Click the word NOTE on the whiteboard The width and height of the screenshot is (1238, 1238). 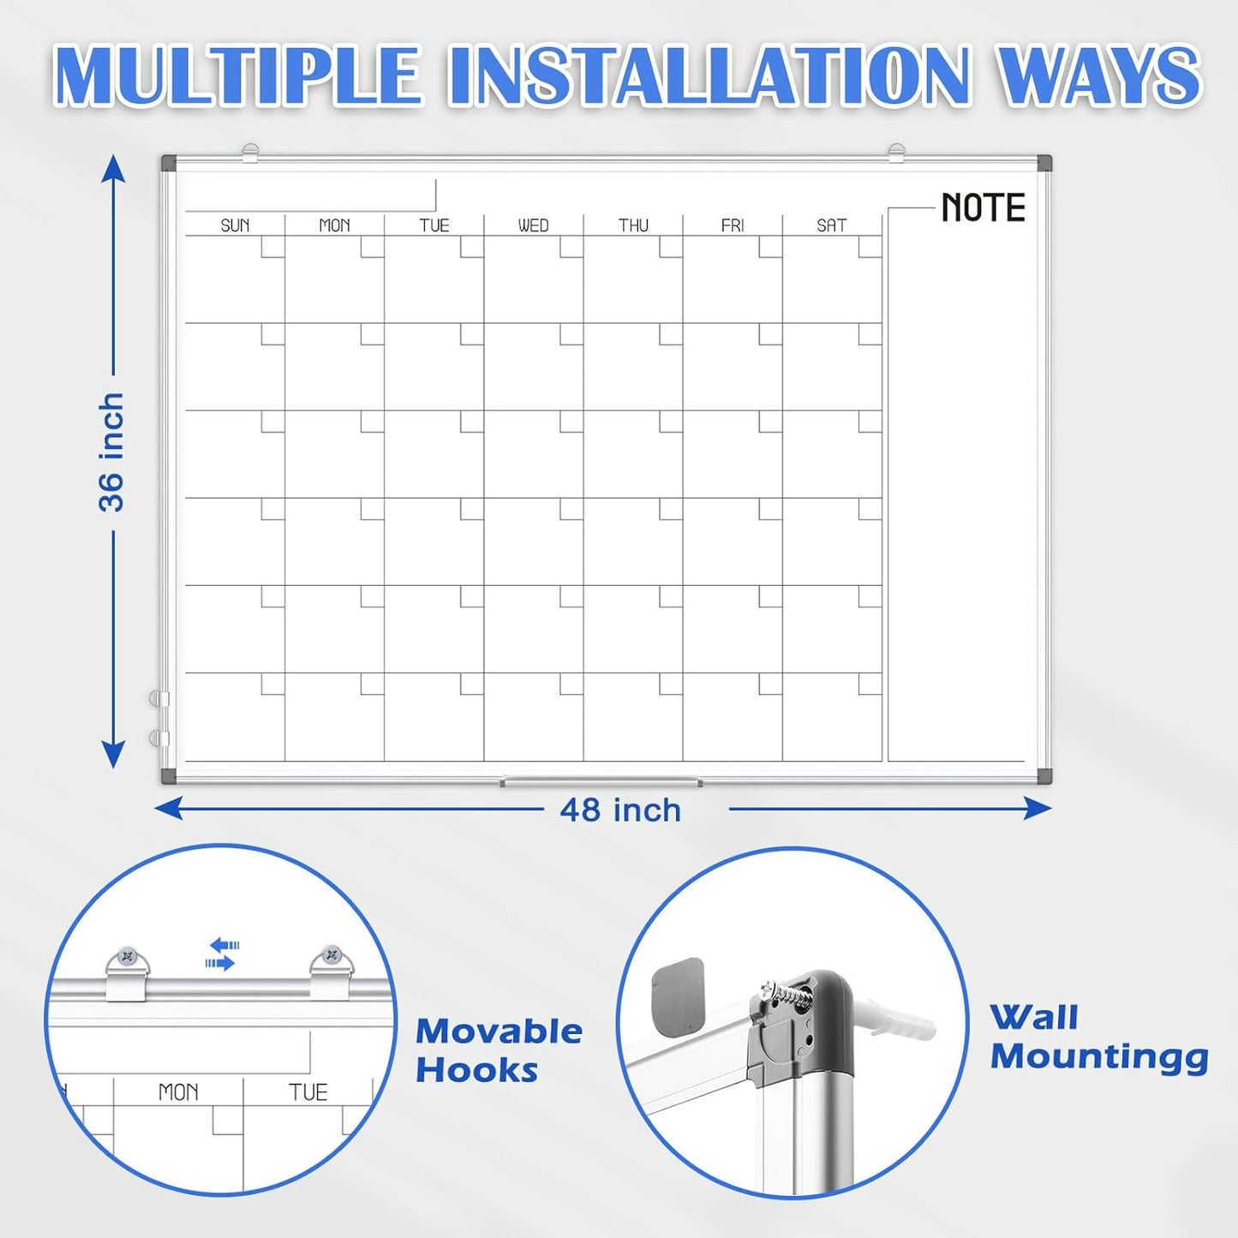(x=983, y=208)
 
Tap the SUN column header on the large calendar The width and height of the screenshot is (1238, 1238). (x=235, y=225)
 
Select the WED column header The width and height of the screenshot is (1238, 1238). (x=533, y=225)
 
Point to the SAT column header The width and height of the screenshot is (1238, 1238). (x=831, y=225)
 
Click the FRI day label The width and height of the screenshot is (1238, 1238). (x=733, y=225)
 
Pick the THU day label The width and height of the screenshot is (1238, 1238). (x=633, y=225)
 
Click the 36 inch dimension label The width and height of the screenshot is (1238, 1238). (x=111, y=452)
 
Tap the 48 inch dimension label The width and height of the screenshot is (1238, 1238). (x=620, y=810)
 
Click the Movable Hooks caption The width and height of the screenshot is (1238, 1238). (x=498, y=1050)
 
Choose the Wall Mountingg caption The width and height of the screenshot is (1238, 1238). (x=1098, y=1038)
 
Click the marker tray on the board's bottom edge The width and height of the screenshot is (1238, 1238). (x=601, y=782)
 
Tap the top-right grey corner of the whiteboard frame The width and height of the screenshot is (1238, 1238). (x=1044, y=163)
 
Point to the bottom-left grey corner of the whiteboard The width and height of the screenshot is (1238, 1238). (x=169, y=776)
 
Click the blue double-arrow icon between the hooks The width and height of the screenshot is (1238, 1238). (x=223, y=954)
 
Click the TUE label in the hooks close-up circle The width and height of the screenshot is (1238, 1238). (x=308, y=1092)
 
